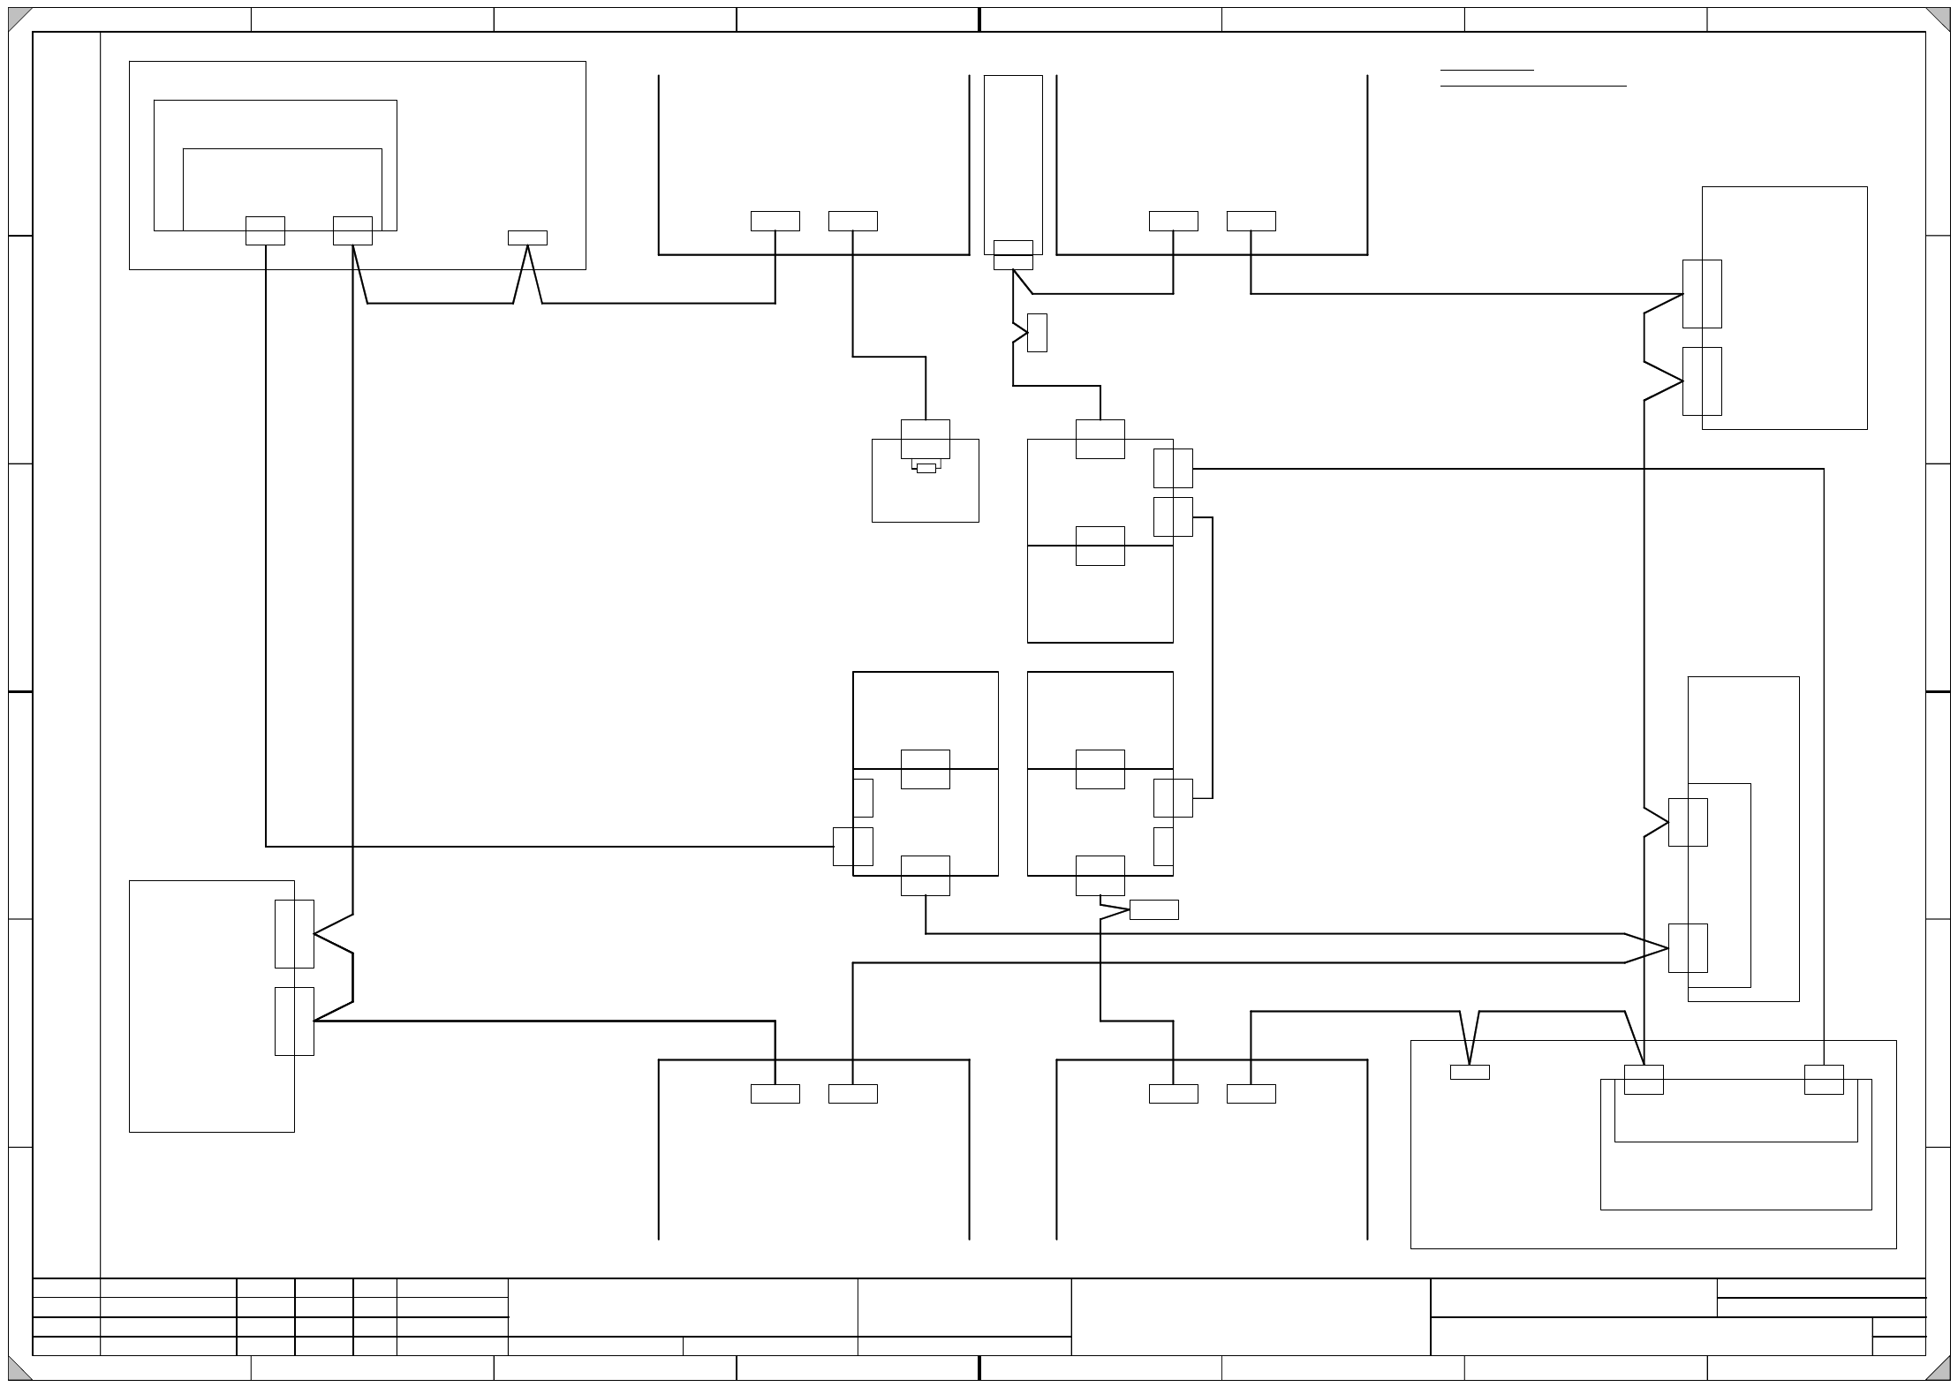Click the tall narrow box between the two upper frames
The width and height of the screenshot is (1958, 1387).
click(x=1013, y=159)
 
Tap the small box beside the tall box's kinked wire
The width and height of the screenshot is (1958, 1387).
click(x=1037, y=333)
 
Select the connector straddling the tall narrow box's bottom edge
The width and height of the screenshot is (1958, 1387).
click(x=1013, y=255)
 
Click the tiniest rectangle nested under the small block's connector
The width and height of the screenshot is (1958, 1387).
click(x=926, y=468)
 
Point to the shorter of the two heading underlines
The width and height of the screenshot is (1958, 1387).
click(x=1486, y=70)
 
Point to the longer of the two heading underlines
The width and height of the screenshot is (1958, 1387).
click(x=1533, y=87)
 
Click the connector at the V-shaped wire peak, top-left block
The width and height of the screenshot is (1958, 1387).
click(x=527, y=237)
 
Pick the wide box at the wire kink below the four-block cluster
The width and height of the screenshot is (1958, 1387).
click(x=1153, y=909)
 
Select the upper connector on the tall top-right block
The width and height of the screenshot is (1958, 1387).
click(x=1702, y=294)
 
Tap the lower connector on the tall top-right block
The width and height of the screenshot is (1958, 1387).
click(x=1702, y=381)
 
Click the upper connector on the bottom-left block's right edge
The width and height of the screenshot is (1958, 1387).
click(x=294, y=934)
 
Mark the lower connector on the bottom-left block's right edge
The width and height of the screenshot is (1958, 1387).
click(x=294, y=1021)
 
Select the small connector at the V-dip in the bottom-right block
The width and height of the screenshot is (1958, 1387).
click(x=1470, y=1072)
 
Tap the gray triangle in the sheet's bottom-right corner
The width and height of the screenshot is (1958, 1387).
click(x=1939, y=1369)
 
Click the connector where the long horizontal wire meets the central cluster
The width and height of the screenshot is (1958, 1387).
click(x=852, y=847)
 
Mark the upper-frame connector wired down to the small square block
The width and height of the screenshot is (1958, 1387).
click(x=852, y=221)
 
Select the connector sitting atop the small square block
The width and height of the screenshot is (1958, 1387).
click(x=926, y=439)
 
